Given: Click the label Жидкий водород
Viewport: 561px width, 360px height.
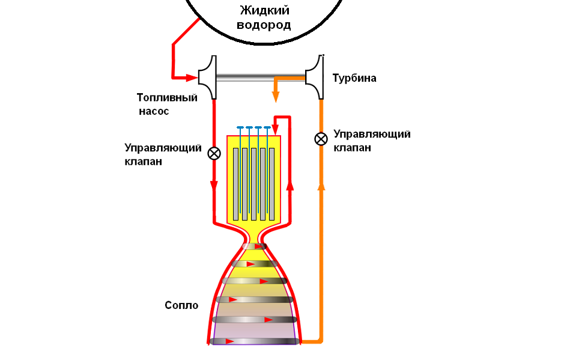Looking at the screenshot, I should [x=265, y=18].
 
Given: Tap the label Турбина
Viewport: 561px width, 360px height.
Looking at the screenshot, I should [x=354, y=78].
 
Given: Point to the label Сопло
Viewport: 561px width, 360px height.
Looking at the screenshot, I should [x=181, y=305].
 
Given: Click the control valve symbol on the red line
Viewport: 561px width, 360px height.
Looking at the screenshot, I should [x=214, y=153].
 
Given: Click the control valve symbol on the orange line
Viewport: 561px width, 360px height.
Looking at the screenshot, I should [x=321, y=139].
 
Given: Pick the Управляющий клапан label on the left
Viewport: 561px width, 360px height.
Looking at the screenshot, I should [x=163, y=154].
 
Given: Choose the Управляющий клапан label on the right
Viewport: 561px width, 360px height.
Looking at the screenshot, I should [x=372, y=141].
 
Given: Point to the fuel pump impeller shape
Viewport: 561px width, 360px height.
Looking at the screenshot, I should [x=208, y=78].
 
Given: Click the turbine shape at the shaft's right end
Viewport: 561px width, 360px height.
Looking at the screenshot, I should [x=315, y=78].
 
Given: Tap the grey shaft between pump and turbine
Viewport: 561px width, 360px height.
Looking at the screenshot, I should [x=261, y=78].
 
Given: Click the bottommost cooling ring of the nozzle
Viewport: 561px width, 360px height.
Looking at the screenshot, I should [x=255, y=341].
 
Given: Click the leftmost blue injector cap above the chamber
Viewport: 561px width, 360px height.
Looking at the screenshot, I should [x=240, y=128].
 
